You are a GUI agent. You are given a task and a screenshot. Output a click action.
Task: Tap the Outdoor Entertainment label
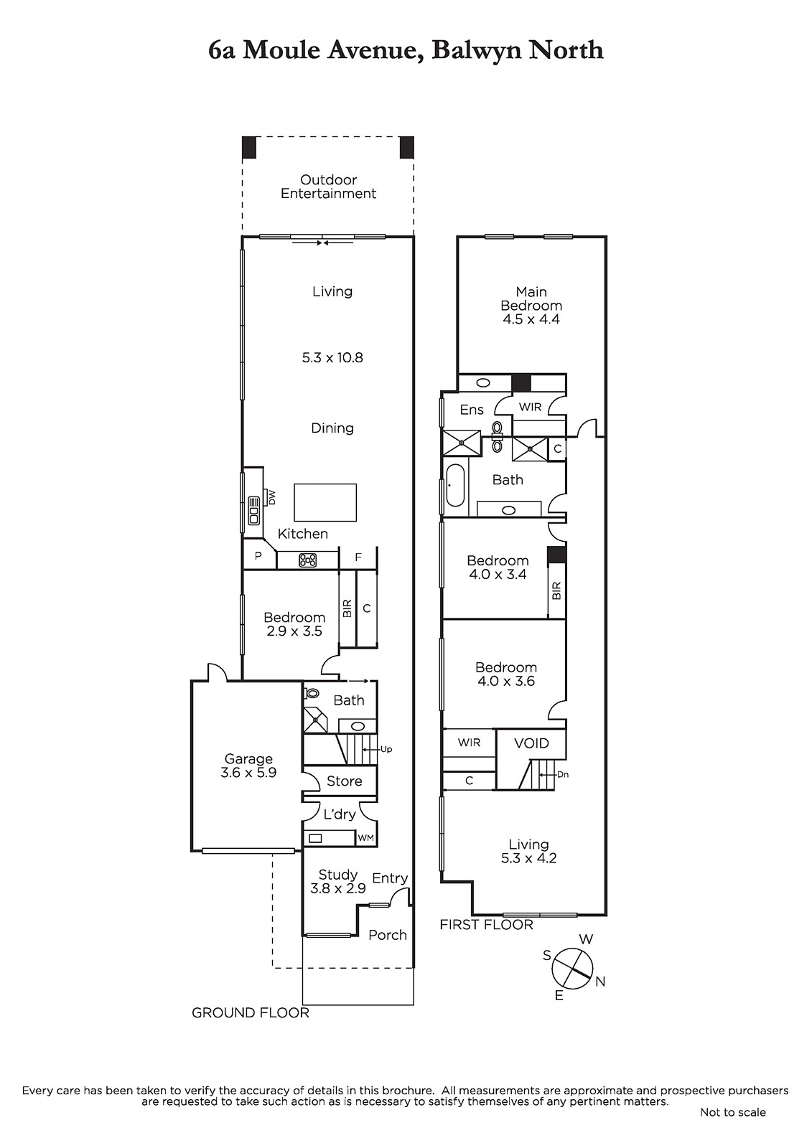coord(328,187)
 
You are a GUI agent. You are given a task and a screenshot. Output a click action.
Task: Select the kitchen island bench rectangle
coord(325,502)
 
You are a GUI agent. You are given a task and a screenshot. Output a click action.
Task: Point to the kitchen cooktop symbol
coord(308,560)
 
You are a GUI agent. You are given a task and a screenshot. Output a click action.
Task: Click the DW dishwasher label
coord(272,497)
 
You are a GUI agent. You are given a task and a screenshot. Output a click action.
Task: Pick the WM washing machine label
coord(365,838)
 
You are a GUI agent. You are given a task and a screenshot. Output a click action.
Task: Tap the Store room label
coord(344,781)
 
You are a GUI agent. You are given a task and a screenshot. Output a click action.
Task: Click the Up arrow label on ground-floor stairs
coord(386,749)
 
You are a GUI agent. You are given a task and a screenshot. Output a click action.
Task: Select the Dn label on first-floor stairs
coord(563,774)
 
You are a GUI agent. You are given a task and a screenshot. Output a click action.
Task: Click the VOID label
coord(531,743)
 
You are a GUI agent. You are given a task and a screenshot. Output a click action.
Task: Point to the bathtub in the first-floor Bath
coord(455,484)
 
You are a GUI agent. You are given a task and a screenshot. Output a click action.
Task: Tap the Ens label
coord(472,410)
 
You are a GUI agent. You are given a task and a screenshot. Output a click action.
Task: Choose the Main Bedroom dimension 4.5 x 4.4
coord(531,319)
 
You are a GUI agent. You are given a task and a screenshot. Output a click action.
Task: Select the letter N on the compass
coord(600,982)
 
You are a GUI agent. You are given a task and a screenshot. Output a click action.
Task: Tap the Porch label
coord(387,935)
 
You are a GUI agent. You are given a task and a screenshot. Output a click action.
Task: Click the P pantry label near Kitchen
coord(258,557)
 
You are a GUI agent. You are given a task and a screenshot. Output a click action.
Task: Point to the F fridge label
coord(358,557)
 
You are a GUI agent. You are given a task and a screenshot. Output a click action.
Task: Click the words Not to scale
coord(732,1112)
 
